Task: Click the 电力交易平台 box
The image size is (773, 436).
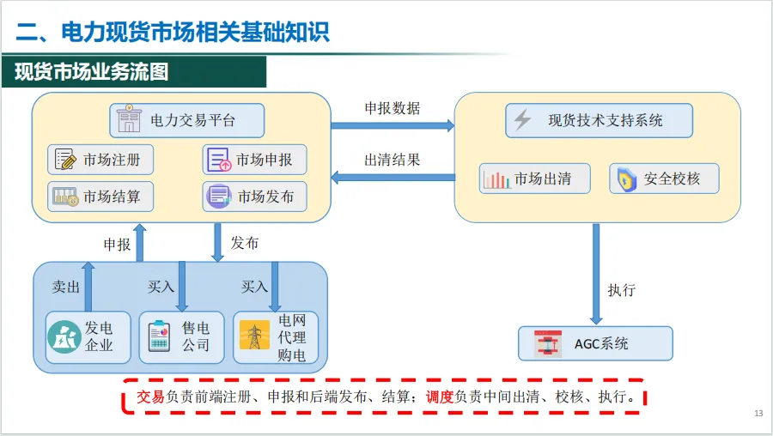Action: click(186, 120)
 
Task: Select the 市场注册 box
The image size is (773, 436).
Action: click(100, 160)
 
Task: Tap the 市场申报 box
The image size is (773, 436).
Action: click(254, 160)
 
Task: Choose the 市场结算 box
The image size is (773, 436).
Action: click(100, 197)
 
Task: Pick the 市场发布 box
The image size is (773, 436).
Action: click(254, 197)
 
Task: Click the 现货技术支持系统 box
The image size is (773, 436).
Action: click(599, 120)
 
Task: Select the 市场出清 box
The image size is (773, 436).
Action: click(535, 179)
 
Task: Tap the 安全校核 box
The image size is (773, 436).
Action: click(664, 179)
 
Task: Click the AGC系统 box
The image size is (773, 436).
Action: click(595, 343)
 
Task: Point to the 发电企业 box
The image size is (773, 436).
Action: click(88, 337)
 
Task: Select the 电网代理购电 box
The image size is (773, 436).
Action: click(276, 337)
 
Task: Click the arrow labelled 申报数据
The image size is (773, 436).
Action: click(393, 125)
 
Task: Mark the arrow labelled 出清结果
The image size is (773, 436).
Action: click(393, 178)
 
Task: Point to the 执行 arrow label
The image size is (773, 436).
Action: click(621, 290)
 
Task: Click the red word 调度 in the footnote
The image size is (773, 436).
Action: click(440, 397)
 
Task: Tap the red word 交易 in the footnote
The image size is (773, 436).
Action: click(150, 397)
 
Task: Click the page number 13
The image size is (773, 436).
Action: click(758, 415)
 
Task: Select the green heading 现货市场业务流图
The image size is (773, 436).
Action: click(91, 72)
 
